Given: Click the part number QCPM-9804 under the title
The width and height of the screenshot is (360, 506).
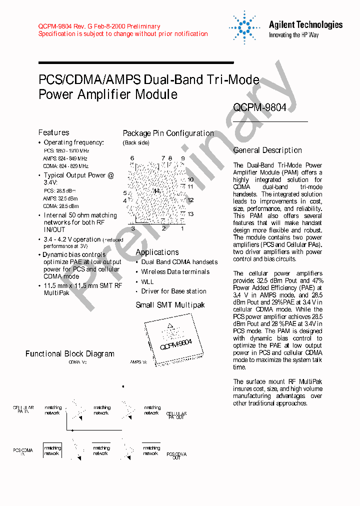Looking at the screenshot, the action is pos(259,107).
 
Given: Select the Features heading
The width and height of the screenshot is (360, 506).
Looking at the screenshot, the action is pos(54,132).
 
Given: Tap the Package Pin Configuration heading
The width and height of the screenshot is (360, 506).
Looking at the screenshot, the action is pos(168,133).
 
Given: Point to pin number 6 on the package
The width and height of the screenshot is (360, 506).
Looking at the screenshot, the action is pos(132,158).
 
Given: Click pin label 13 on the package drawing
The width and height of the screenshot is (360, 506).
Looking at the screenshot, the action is pos(190,214).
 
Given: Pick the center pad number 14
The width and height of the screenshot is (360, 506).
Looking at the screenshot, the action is pos(156,191).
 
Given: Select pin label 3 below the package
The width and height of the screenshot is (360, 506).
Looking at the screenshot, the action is pos(133,228).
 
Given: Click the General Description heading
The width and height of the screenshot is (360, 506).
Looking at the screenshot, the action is pos(267,150).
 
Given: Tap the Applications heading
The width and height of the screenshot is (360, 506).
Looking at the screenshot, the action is pos(157,252).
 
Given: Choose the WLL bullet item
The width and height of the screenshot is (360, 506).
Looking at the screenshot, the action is pos(147,281).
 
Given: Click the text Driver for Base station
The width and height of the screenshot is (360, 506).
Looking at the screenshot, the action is pos(173,291).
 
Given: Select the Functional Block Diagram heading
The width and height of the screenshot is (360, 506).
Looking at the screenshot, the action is pos(70,354).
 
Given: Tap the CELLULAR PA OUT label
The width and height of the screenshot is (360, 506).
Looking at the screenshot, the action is pos(176,415).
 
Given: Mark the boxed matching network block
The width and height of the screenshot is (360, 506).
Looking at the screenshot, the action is pos(52,451).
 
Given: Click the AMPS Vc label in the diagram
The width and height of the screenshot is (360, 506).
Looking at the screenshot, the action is pos(138,361).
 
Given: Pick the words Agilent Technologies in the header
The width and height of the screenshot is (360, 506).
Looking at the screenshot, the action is pos(305,24).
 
